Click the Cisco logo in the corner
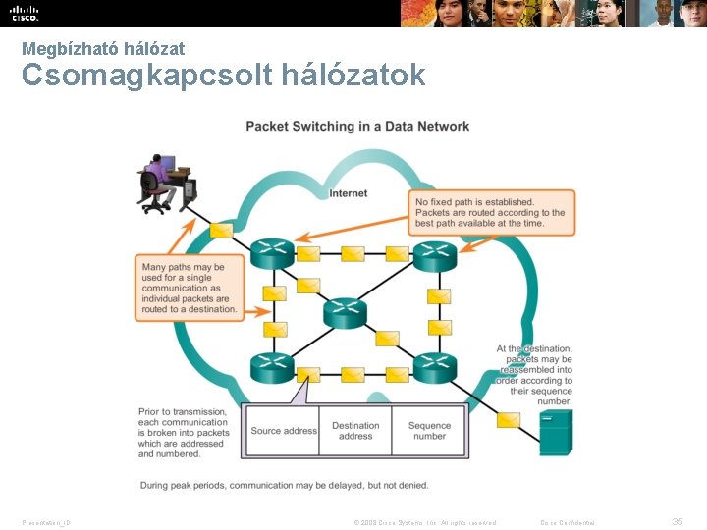25,13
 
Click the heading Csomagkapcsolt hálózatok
224,75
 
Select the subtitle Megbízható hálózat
103,47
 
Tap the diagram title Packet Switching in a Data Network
357,126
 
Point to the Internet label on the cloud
349,193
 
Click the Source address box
284,431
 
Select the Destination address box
355,431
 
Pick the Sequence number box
429,431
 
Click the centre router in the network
345,312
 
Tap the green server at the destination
555,433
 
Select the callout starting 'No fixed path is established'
491,213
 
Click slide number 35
677,522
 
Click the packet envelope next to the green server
508,420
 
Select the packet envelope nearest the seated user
221,231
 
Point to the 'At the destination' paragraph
535,375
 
